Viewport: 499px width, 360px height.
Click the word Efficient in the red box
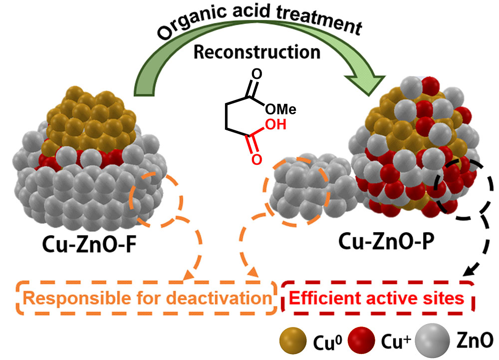pos(318,299)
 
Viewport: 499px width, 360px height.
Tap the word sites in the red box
pos(445,299)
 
